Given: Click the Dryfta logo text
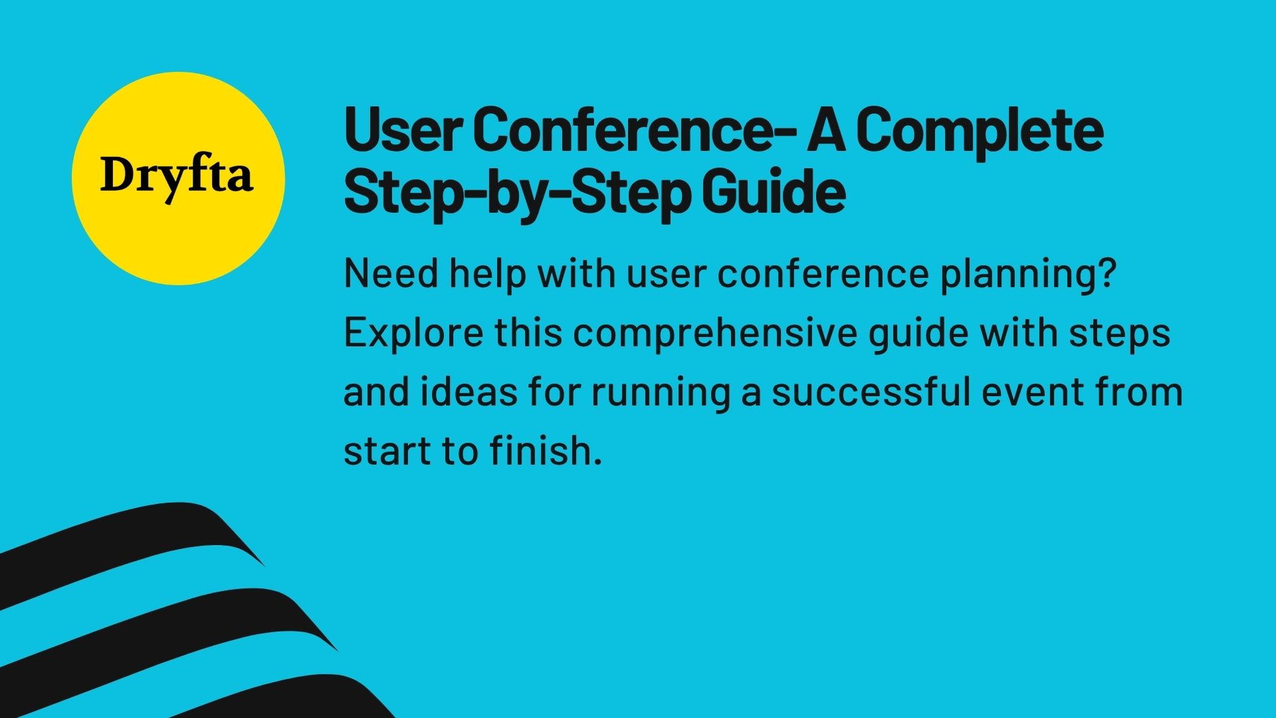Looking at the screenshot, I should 177,177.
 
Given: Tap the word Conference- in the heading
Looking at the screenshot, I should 635,131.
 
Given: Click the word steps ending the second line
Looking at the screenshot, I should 1119,333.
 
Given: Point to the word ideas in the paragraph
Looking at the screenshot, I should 469,392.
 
